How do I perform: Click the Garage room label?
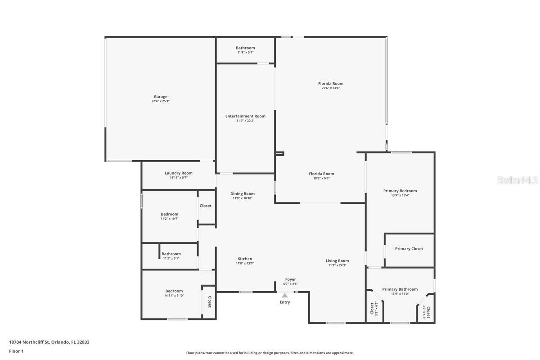(161, 97)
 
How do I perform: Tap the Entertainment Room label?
(245, 116)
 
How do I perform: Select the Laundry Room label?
(178, 173)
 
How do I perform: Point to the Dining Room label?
(243, 194)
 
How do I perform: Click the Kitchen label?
(245, 259)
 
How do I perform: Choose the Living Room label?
(337, 261)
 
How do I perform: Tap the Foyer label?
(290, 279)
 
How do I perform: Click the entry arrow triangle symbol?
(285, 296)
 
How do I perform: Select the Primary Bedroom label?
(400, 191)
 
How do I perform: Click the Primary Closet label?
(409, 249)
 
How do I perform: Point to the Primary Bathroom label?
(400, 289)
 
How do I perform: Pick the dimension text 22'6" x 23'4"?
(331, 88)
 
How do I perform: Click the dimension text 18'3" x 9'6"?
(321, 178)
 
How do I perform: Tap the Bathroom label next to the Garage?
(245, 48)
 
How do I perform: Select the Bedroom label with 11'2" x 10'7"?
(170, 214)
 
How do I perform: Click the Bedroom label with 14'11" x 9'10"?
(174, 291)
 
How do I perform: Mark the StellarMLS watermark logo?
(517, 180)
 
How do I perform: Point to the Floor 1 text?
(16, 351)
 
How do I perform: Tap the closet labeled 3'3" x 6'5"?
(374, 309)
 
